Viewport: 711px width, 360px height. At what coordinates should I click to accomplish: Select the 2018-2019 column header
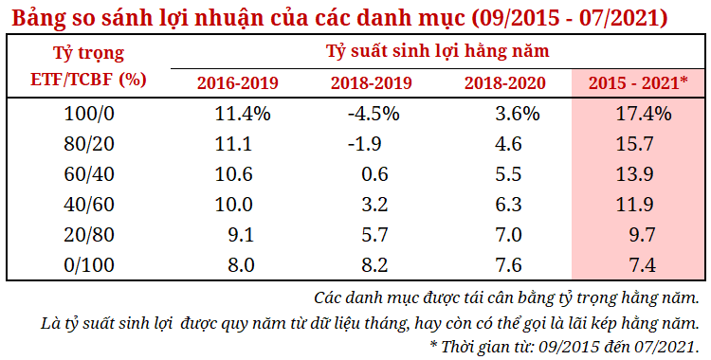point(371,82)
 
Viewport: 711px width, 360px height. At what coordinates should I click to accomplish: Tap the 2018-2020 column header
point(504,82)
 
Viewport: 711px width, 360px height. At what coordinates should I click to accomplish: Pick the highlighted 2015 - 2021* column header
point(638,82)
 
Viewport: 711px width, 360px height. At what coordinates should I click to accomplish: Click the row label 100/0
point(88,114)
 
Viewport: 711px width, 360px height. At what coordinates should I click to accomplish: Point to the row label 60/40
point(88,174)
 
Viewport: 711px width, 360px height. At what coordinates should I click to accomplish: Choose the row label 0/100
point(88,265)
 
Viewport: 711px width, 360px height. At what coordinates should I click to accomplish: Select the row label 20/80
point(88,235)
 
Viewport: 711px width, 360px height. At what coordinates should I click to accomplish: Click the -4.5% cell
point(374,114)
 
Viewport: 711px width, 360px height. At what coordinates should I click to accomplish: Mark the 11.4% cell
point(244,114)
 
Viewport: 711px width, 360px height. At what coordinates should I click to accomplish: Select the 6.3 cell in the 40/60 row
point(508,205)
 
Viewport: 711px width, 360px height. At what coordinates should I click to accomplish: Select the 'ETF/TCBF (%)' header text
point(88,79)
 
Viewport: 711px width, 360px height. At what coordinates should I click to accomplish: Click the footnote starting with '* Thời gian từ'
point(564,344)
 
